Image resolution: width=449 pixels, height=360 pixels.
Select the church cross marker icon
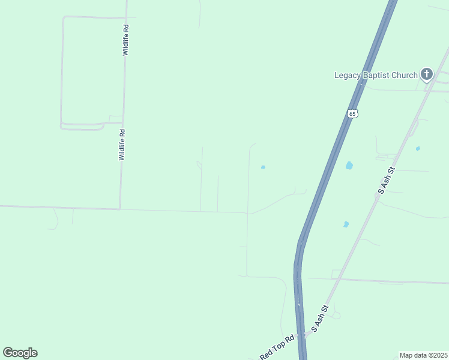coord(427,74)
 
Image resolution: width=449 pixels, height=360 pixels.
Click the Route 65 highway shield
coord(352,113)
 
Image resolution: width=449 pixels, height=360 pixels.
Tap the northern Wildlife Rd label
coord(125,40)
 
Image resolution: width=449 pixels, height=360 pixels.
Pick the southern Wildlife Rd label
coord(122,145)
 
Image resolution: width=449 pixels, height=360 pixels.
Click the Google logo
coord(20,353)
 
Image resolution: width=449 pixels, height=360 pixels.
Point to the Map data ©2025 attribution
coord(423,355)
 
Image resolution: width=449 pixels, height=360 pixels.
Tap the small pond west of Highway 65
coord(263,167)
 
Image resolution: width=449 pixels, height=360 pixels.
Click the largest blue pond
coord(349,165)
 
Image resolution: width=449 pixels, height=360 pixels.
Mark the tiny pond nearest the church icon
coord(418,148)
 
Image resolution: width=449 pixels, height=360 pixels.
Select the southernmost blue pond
coord(346,224)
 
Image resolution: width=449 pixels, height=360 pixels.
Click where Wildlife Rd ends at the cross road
coord(120,209)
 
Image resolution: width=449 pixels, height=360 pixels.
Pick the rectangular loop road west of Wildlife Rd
coord(62,72)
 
